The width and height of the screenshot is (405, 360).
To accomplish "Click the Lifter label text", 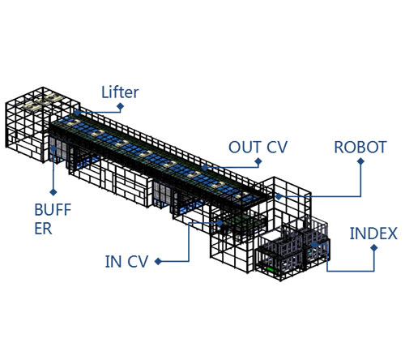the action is (120, 92).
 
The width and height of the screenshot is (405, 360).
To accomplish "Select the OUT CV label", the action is (258, 148).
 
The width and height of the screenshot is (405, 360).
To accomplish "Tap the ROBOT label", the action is (360, 148).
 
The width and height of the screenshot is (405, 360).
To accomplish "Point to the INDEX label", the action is (373, 234).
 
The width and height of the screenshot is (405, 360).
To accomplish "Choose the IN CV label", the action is (126, 262).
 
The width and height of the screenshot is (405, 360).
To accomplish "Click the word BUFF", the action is (53, 209).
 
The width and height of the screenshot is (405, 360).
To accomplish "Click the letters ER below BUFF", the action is (43, 229).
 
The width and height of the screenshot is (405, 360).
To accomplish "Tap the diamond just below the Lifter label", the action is (121, 106).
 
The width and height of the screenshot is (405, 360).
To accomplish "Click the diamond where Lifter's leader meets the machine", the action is (77, 113).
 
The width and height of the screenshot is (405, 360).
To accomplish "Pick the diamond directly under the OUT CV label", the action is (258, 161).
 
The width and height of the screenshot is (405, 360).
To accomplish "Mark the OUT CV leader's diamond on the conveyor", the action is (205, 168).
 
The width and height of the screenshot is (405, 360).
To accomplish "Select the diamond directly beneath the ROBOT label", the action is (360, 161).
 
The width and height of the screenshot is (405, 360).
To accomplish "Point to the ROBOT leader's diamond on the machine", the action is (279, 196).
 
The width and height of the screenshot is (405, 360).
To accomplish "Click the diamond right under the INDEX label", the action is (374, 248).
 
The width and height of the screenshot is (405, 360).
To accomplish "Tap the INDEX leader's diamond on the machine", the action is (314, 245).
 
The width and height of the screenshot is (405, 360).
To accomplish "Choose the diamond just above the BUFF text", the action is (53, 192).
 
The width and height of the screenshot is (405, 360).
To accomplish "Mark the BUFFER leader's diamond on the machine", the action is (53, 148).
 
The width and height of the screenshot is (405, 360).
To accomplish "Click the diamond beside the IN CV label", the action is (158, 261).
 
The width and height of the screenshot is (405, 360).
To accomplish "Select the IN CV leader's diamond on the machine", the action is (220, 223).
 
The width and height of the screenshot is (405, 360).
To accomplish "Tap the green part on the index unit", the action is (271, 269).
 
